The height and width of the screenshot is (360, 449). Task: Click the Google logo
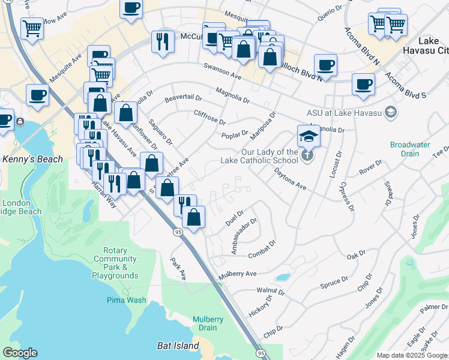coord(20,353)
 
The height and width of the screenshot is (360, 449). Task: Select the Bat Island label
coord(178,346)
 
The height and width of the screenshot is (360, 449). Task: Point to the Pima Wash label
coord(126,300)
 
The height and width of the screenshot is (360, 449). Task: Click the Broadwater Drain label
coord(410,149)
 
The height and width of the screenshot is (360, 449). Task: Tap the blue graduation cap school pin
coord(309,136)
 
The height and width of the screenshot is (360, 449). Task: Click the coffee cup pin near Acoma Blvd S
coord(363,84)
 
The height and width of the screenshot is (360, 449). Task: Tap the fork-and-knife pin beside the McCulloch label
coord(161,41)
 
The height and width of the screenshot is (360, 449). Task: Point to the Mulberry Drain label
coord(208,323)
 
